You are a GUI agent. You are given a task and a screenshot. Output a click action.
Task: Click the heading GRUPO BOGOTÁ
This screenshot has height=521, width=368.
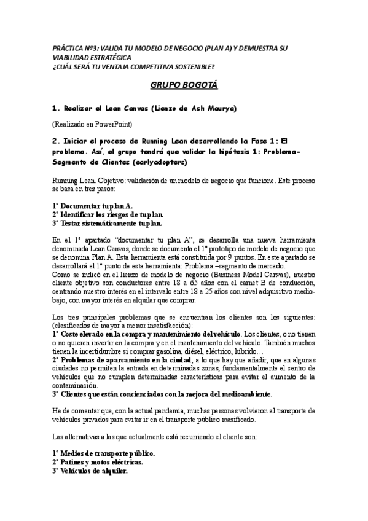pyautogui.click(x=184, y=85)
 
